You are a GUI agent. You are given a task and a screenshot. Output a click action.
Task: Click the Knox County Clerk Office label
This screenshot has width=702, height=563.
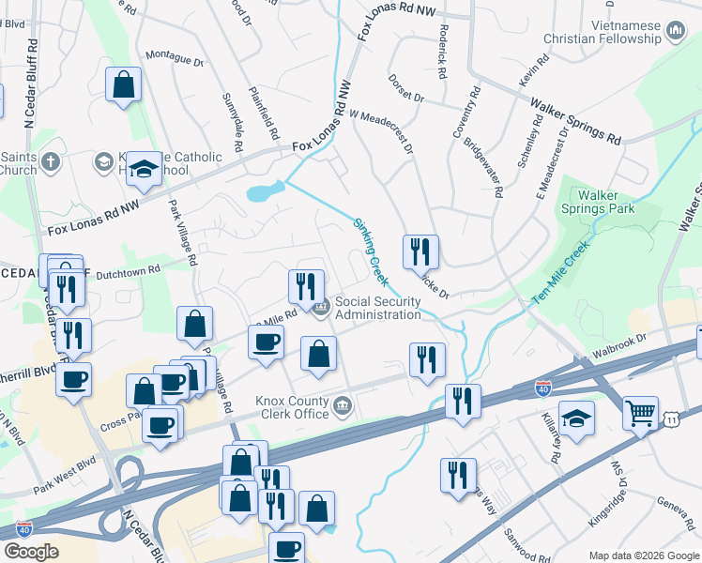[292, 407]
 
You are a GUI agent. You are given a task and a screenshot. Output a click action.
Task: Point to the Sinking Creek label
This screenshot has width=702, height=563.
[371, 251]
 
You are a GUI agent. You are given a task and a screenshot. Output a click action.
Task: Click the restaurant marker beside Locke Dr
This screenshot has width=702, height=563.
[421, 251]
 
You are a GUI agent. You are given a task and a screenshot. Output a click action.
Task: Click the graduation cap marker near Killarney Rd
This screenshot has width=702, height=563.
[576, 418]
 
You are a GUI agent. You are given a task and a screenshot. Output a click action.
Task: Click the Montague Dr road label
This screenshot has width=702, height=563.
[175, 61]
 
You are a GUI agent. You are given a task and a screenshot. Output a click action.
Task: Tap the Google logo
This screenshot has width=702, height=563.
[32, 551]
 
